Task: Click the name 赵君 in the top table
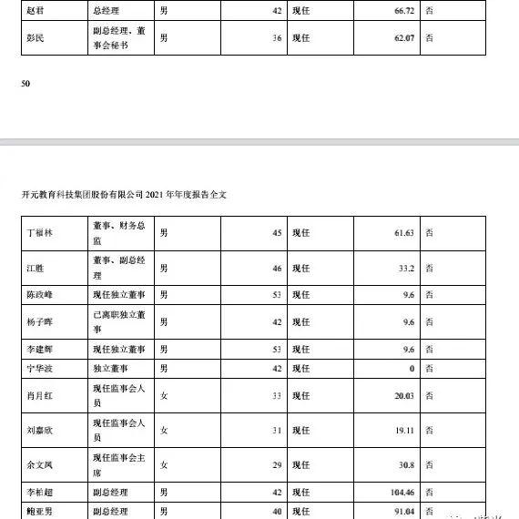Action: coord(36,9)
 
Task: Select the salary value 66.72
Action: coord(401,9)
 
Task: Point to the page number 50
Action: coord(25,84)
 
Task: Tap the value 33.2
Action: coord(406,269)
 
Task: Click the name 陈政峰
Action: coord(41,295)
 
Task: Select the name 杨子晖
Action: coord(41,322)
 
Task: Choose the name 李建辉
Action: coord(41,349)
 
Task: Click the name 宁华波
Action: coord(41,368)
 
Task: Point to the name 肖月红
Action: coord(41,395)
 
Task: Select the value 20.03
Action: coord(403,395)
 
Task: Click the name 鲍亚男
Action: coord(41,511)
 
